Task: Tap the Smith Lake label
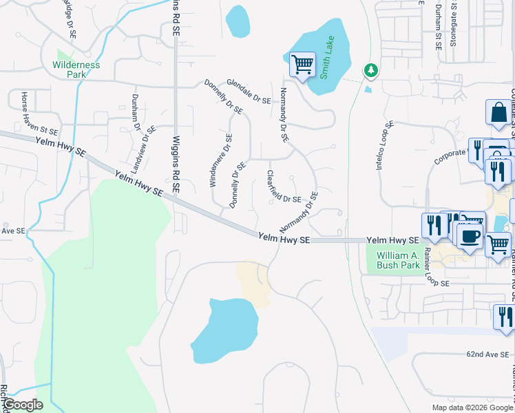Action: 329,54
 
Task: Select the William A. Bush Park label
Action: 399,260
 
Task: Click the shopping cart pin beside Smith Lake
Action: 302,65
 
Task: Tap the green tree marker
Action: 370,70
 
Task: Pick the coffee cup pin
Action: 470,236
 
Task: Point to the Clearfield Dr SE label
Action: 284,187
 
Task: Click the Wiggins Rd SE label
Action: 176,164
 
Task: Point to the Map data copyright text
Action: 472,407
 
